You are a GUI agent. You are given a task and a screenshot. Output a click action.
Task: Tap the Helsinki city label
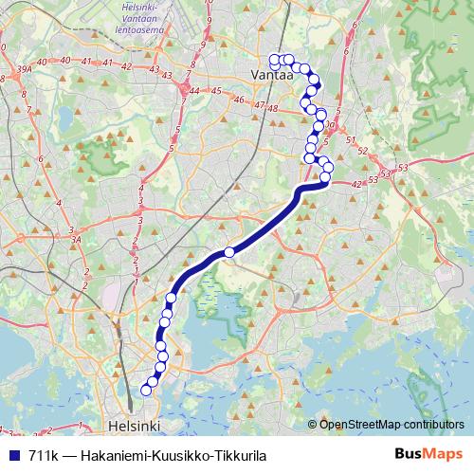(x=136, y=425)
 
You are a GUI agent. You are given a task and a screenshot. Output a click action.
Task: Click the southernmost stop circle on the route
(x=147, y=390)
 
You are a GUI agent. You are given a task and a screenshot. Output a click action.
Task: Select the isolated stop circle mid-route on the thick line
(x=229, y=252)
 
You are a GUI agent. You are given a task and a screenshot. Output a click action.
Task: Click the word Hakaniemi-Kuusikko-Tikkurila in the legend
(x=174, y=455)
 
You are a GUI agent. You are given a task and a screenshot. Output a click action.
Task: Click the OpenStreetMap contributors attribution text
(x=391, y=425)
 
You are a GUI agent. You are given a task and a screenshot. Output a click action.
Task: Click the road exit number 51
(x=350, y=140)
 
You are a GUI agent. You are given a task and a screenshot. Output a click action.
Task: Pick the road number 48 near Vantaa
(x=272, y=108)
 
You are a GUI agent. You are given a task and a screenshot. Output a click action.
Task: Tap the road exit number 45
(x=216, y=92)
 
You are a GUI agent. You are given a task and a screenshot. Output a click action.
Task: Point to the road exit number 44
(x=194, y=91)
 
